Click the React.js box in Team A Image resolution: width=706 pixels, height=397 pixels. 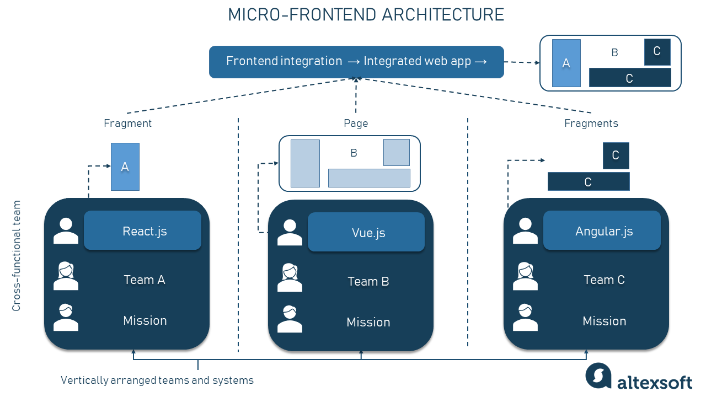point(142,230)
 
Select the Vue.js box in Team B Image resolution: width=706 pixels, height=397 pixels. point(366,232)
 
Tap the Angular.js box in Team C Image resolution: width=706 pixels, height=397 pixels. point(602,230)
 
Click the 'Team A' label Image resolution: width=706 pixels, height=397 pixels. point(145,280)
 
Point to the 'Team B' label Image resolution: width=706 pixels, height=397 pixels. point(368,281)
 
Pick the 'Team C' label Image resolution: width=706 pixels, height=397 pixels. point(604,280)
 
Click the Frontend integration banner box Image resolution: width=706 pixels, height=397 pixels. point(356,62)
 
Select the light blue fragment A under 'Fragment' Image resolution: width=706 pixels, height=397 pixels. point(125,167)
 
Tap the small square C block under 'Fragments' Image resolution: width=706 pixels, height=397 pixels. point(616,155)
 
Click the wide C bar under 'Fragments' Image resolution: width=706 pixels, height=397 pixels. point(589,181)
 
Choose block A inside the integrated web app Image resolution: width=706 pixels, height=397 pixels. point(566,63)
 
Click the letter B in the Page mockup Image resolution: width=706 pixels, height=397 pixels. point(354,153)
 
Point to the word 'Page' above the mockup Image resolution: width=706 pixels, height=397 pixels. point(356,123)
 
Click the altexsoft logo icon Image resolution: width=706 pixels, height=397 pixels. point(598,375)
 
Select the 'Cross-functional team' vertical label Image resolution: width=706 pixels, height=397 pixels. point(16,255)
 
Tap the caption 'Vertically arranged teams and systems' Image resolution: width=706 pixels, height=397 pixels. point(157,380)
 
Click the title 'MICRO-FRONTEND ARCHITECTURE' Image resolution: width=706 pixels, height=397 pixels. point(366,15)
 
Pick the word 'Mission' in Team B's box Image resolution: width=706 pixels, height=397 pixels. point(368,322)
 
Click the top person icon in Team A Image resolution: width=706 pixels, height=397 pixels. point(66,231)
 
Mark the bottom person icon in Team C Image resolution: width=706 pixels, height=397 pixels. point(525,318)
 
